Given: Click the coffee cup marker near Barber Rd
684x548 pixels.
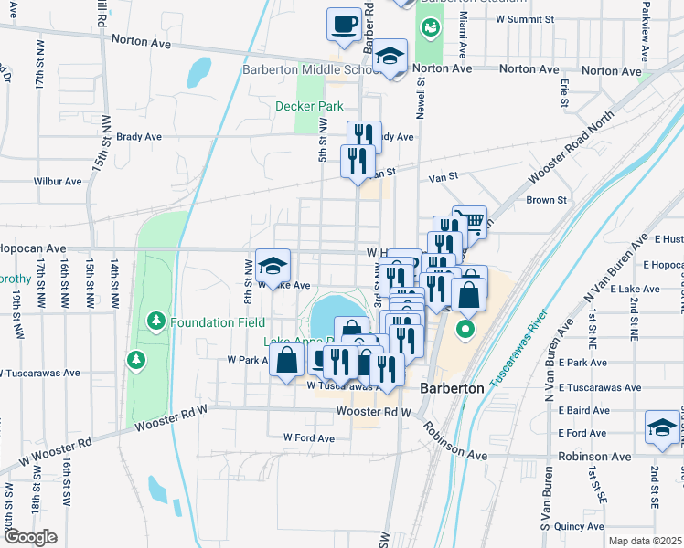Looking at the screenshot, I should coord(345,25).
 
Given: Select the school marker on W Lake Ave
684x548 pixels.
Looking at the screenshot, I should coord(273,266).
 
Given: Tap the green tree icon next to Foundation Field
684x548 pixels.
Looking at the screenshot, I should coord(156,321).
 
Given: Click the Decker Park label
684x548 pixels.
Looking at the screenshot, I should coord(309,106).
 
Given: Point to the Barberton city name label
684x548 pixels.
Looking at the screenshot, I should coord(451,388).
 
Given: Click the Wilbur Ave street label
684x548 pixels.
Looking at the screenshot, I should coord(58,181).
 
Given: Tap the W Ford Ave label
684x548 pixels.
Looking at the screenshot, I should coord(308,437).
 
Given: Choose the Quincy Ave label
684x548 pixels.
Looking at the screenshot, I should coord(581,526).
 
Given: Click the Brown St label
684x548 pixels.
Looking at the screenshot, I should coord(547,199).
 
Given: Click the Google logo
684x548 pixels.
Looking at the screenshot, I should coord(30,537).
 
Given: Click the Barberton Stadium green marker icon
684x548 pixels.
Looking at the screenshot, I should coord(427,28).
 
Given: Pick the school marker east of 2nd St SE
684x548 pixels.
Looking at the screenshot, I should coord(662,429).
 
